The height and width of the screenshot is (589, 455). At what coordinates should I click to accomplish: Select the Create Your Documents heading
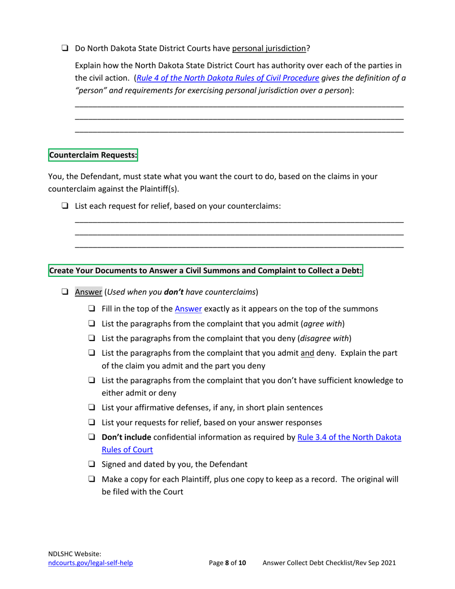click(x=205, y=271)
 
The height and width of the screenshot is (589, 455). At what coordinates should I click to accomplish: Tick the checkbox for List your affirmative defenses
click(x=91, y=408)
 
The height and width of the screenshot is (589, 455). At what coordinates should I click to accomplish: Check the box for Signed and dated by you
click(x=91, y=464)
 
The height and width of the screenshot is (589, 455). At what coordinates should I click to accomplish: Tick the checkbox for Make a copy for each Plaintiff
click(x=91, y=479)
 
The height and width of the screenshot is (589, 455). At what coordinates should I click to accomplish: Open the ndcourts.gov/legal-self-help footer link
click(x=91, y=563)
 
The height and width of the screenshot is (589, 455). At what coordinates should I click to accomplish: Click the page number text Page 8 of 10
click(x=227, y=563)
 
